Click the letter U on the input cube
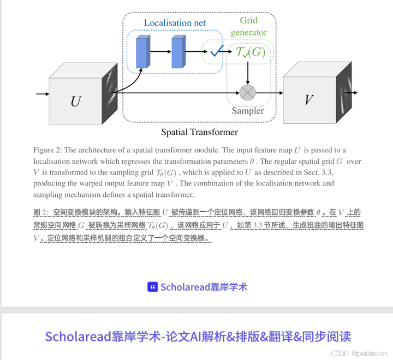tap(75, 101)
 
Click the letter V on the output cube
tap(309, 100)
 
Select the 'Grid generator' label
tap(248, 26)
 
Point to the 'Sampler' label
tap(247, 111)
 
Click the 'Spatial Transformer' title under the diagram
tap(199, 132)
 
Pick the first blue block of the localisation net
tap(143, 52)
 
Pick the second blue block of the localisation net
tap(178, 52)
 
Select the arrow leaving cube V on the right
tap(355, 93)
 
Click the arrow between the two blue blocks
tap(160, 52)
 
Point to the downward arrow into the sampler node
tap(248, 74)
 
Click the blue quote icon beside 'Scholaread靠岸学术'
tap(153, 287)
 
